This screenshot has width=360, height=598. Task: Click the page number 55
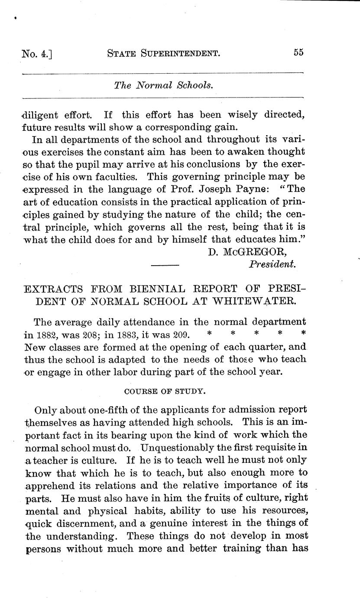(298, 52)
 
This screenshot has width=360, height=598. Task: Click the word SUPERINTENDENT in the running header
(182, 53)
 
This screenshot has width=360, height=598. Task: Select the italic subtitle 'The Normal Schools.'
(164, 85)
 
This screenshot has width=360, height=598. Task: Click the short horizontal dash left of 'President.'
(165, 264)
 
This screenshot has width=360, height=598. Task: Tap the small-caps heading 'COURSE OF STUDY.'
(164, 391)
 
